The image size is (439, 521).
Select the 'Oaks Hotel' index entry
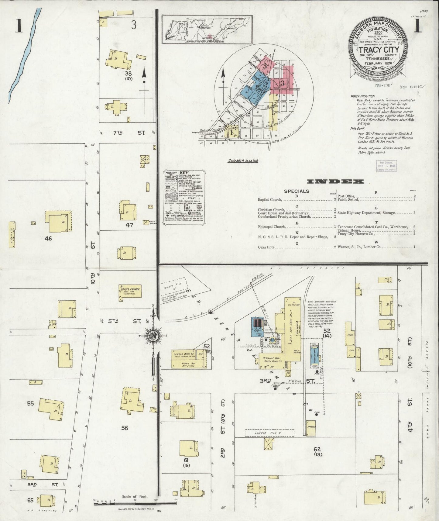[268, 247]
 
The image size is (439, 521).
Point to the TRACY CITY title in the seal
[379, 50]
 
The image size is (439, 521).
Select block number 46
[48, 238]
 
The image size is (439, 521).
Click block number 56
[125, 428]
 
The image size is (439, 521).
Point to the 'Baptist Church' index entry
[270, 200]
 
